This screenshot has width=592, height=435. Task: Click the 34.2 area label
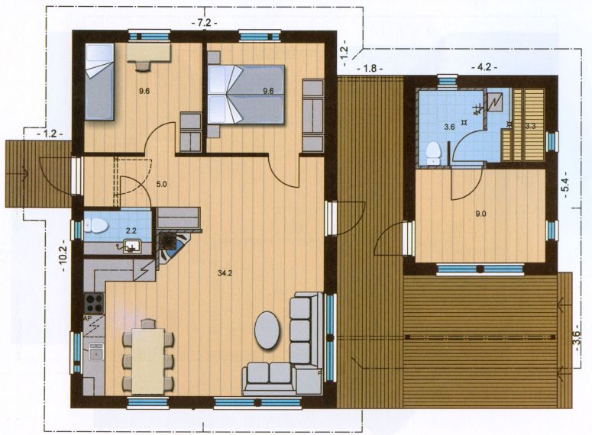coord(225,272)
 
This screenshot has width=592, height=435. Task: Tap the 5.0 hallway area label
coord(161,185)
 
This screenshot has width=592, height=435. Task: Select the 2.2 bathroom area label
coord(131,230)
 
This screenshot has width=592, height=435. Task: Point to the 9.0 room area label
coord(480,214)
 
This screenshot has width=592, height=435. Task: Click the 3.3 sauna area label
coord(530,127)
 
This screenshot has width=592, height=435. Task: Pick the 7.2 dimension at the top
coord(204,23)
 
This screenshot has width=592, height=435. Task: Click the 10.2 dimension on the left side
coord(63,256)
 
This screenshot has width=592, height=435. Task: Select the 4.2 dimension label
coord(484,67)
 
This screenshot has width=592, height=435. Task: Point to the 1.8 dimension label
coord(370,68)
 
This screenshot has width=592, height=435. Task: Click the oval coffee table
coord(267,330)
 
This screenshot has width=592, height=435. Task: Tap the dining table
coord(147,361)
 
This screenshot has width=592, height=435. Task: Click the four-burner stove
coord(94,303)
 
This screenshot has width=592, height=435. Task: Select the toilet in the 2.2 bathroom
coord(97,226)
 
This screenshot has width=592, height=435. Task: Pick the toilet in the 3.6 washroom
coord(433,153)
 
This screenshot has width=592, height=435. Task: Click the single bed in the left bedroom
coord(99,82)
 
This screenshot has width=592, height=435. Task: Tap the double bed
coord(246,95)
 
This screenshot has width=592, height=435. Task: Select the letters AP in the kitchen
coord(88,318)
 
